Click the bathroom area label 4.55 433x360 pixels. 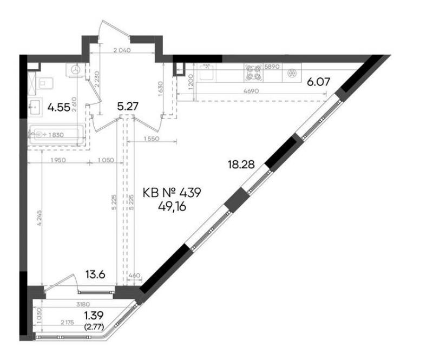coord(58,107)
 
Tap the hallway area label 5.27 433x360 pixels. coord(128,106)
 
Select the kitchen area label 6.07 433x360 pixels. coord(319,82)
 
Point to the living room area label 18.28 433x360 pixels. coord(241,165)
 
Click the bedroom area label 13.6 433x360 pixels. coord(95,274)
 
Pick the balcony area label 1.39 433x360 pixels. coord(94,315)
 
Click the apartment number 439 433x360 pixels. coord(190,193)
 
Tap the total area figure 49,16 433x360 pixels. coord(172,206)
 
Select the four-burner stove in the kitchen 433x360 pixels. coord(253,72)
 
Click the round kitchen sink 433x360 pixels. coord(292,73)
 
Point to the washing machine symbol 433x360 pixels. coord(75,69)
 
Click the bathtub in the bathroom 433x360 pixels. coord(56,135)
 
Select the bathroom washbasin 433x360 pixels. coord(35,107)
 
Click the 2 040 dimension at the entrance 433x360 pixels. coord(122,50)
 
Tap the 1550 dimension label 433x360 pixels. coord(152,139)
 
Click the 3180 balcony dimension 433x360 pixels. coord(83,304)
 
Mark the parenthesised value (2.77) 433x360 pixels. coord(94,328)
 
